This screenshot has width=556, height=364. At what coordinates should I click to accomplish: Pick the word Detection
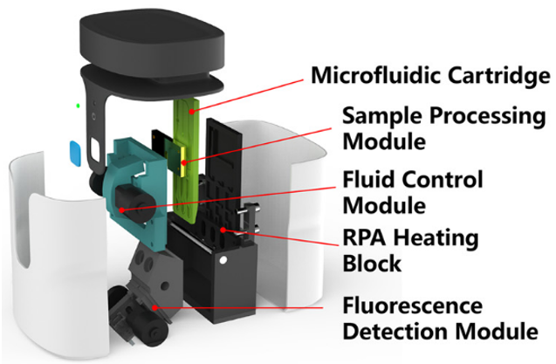(x=393, y=332)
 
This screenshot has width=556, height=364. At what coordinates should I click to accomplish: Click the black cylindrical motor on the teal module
(x=129, y=196)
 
